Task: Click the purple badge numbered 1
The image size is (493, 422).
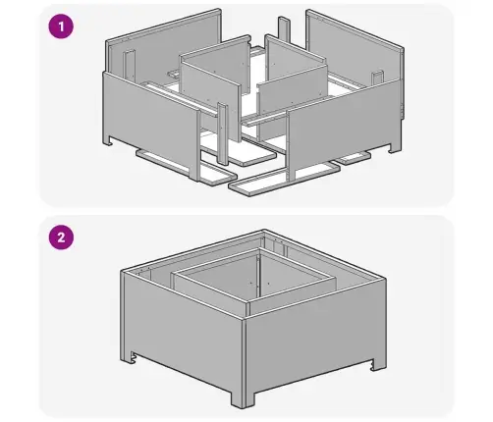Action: coord(61,26)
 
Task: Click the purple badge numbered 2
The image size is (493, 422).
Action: coord(61,237)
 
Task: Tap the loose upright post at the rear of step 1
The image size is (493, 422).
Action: coord(284,30)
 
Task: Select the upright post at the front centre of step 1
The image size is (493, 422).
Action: coord(223,134)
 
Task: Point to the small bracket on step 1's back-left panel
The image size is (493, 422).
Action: coord(130,64)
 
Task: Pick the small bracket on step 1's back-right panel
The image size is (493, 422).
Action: coord(377,78)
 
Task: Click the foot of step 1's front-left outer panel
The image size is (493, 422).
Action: coord(109,140)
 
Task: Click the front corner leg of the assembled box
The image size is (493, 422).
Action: coord(243,396)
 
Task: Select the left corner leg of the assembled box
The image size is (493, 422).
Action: coord(127,356)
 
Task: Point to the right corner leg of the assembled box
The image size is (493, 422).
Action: coord(378,364)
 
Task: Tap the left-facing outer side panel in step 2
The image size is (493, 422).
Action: coord(184,331)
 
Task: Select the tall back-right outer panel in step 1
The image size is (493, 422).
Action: coord(356,49)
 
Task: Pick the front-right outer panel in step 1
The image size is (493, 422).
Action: coord(344,129)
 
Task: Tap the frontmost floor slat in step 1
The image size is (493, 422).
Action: coord(284,180)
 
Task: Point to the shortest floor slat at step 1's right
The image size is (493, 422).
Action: coord(354,159)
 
